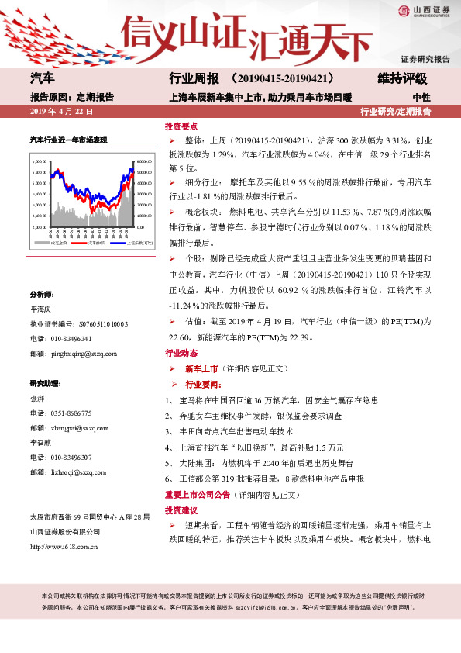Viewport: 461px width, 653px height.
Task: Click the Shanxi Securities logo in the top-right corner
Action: point(425,11)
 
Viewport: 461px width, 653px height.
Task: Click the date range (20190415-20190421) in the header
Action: point(282,79)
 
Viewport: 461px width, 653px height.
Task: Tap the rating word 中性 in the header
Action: point(421,98)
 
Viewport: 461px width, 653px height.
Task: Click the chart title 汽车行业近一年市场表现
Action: point(68,139)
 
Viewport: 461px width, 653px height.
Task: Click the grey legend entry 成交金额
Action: point(57,243)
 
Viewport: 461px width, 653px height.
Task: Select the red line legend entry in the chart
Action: point(95,243)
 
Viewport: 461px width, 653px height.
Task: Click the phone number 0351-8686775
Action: point(71,413)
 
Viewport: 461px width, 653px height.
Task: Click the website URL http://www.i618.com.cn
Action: point(63,545)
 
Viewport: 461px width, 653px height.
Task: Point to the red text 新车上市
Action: point(201,368)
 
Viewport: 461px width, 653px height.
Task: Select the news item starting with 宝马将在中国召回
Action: point(271,399)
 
